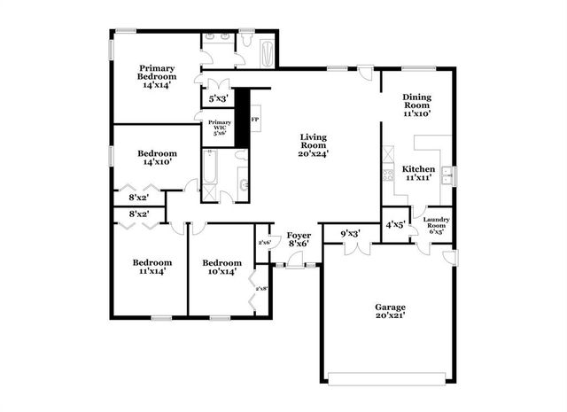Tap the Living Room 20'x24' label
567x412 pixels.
[313, 144]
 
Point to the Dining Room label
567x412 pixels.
[416, 105]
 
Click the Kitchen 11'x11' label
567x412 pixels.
[418, 173]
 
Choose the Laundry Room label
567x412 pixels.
[436, 225]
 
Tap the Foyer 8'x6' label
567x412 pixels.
[298, 239]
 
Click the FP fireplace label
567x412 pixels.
[255, 119]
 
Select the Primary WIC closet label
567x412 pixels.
[219, 128]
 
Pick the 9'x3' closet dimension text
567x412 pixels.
[350, 234]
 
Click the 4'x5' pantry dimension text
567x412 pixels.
[394, 224]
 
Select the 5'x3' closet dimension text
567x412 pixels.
[218, 97]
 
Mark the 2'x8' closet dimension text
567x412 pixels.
[261, 288]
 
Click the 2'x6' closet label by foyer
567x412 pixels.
[263, 242]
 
